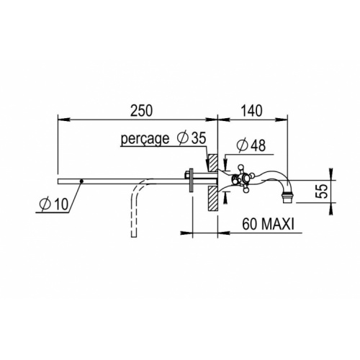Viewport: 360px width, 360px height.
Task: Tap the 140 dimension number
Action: [x=251, y=111]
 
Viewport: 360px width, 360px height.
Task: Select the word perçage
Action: [x=145, y=139]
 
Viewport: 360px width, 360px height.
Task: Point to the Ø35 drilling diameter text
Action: [x=192, y=138]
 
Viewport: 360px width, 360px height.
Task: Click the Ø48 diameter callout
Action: [x=251, y=145]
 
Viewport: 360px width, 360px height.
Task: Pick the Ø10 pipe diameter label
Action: [x=54, y=204]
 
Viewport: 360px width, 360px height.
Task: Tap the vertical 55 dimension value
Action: [x=323, y=191]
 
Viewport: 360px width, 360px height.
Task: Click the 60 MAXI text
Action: [x=268, y=225]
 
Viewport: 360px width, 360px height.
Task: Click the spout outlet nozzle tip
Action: [x=287, y=198]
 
